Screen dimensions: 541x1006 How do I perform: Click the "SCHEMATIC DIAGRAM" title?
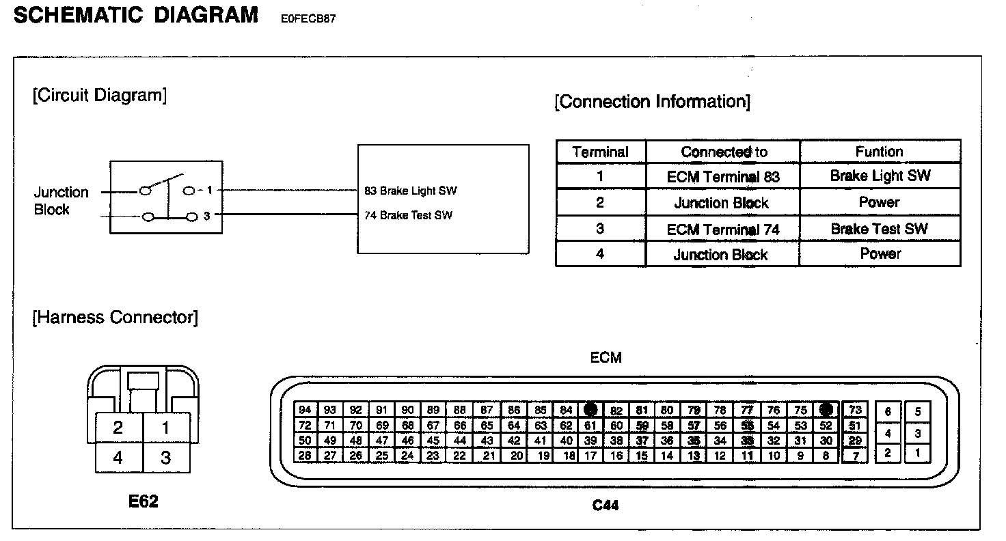pos(136,15)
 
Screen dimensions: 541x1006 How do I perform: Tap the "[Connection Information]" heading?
pos(652,102)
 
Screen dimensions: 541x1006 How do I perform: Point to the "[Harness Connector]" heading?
pos(115,317)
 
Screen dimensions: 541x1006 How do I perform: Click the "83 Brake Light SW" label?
pos(411,191)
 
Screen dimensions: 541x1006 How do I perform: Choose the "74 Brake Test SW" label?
pos(408,216)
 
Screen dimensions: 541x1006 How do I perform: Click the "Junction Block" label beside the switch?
pos(62,201)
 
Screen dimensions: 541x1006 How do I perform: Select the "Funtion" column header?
pos(879,152)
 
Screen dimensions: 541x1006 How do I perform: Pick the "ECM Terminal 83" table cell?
pos(723,177)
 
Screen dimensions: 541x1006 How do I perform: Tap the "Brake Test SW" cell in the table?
pos(879,229)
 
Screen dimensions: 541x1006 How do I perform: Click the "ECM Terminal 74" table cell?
pos(723,230)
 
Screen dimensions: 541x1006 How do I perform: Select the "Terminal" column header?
pos(600,152)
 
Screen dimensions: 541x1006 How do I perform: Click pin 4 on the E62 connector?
pos(118,457)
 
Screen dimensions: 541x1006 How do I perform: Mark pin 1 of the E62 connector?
pos(165,428)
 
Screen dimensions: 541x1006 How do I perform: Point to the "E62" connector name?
pos(143,502)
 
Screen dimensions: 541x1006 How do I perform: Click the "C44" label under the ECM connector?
pos(606,506)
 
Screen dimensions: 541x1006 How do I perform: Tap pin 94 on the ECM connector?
pos(305,410)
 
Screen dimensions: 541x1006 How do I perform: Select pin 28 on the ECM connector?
pos(305,455)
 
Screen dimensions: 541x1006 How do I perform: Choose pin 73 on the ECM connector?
pos(855,410)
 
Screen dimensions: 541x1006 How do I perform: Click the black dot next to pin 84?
pos(591,410)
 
